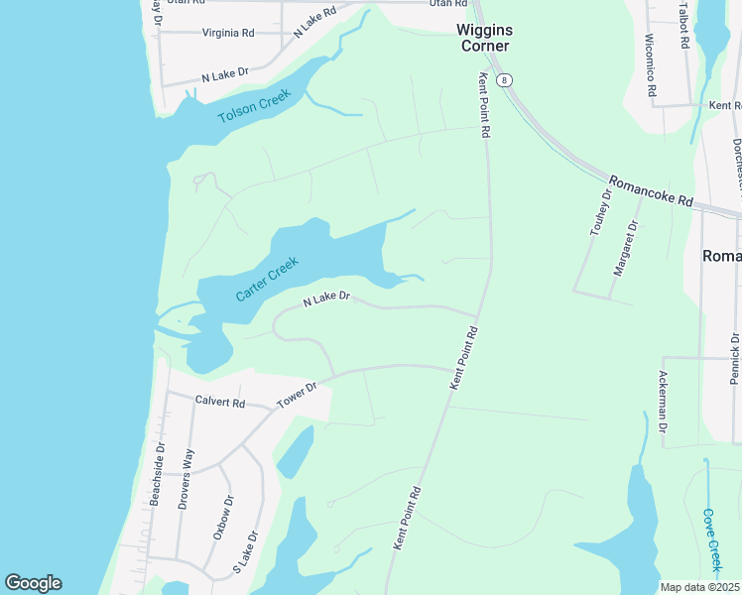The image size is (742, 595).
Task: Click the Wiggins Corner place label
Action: tap(483, 38)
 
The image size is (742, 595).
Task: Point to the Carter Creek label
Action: tap(267, 280)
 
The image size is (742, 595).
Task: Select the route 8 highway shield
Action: tap(505, 79)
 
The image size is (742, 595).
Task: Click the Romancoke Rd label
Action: tap(650, 188)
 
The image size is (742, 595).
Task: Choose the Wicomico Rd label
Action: tap(651, 66)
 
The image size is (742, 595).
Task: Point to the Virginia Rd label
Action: tap(228, 33)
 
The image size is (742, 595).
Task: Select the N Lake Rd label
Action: tap(315, 21)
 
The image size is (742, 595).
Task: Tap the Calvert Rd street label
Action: tap(219, 402)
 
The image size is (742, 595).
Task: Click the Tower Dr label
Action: tap(296, 393)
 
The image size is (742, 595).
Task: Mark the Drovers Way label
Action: tap(185, 479)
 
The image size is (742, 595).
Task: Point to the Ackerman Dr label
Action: tap(663, 403)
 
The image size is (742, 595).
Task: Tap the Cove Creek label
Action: tap(710, 539)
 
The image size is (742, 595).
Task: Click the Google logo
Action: tap(33, 583)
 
